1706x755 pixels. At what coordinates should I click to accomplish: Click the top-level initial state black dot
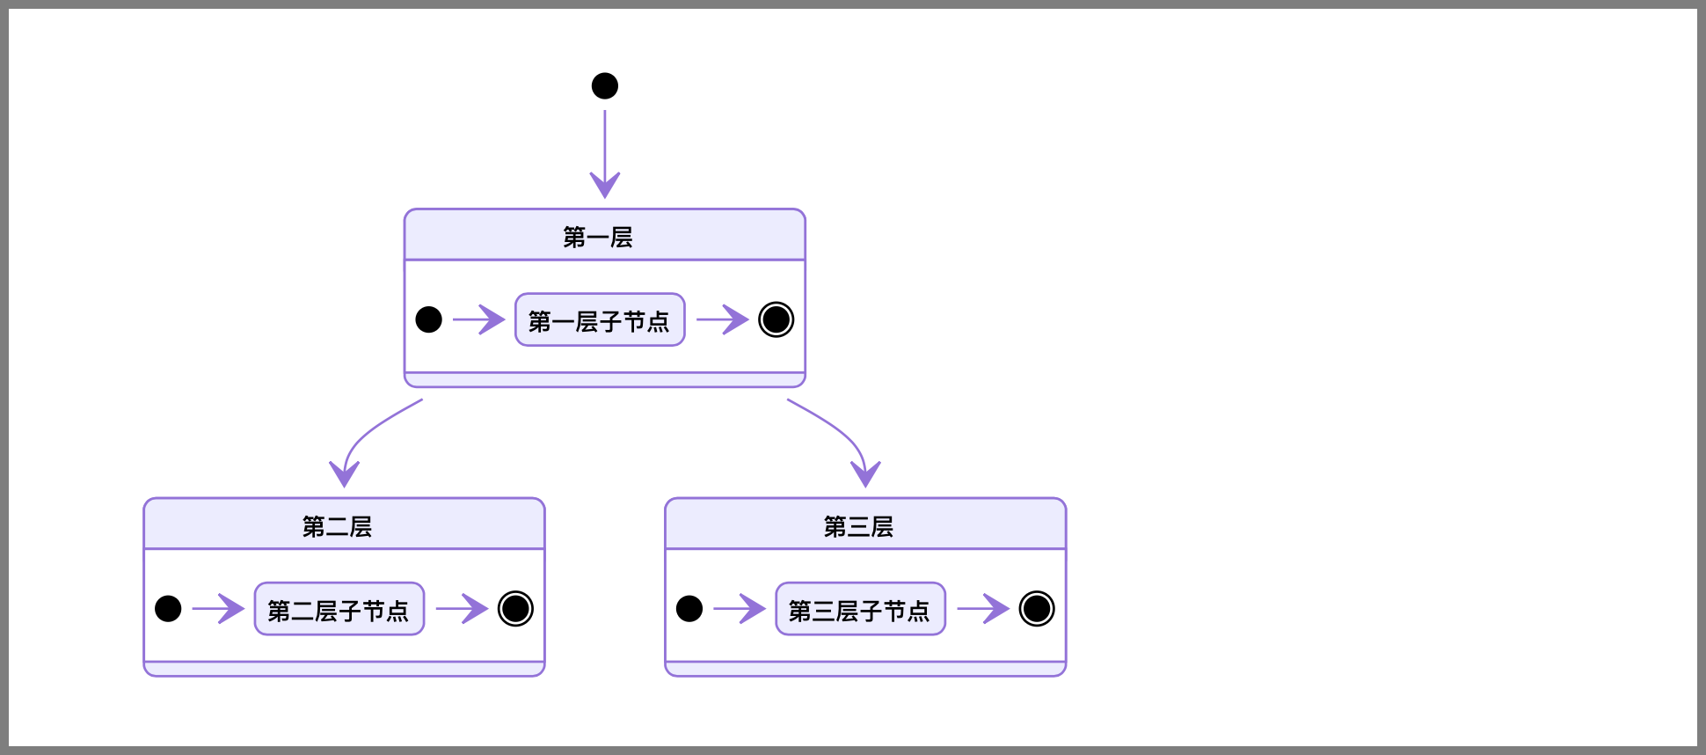(x=605, y=86)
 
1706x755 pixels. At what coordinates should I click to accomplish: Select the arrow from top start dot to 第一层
(x=605, y=150)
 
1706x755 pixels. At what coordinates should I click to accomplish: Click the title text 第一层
(x=598, y=237)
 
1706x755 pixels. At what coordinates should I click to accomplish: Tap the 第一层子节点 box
(x=600, y=320)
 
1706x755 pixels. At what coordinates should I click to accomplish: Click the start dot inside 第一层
(x=428, y=319)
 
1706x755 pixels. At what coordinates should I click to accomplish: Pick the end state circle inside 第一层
(x=776, y=319)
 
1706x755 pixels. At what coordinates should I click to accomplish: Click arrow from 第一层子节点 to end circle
(x=721, y=319)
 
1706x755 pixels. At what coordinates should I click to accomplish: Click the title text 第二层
(x=337, y=526)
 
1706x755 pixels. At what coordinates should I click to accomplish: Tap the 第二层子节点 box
(x=339, y=609)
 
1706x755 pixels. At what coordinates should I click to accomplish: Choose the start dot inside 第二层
(x=168, y=609)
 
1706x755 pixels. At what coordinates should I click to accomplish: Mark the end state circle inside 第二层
(x=515, y=609)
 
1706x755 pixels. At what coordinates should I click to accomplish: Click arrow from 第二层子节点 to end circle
(x=461, y=609)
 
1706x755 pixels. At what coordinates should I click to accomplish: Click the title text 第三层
(x=858, y=526)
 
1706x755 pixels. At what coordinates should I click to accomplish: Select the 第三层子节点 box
(x=860, y=609)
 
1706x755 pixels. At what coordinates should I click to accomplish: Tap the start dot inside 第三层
(x=689, y=609)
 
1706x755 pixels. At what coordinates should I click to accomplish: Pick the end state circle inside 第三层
(x=1037, y=609)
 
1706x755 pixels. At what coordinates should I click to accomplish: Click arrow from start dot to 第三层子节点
(x=739, y=609)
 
